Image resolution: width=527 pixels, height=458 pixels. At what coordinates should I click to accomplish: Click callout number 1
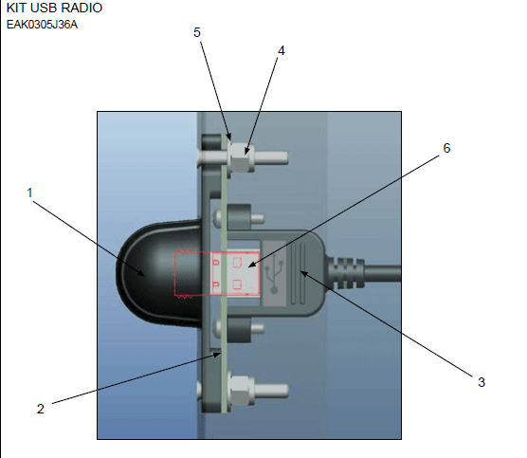pyautogui.click(x=29, y=193)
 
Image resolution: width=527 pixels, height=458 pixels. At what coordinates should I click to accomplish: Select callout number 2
pyautogui.click(x=41, y=409)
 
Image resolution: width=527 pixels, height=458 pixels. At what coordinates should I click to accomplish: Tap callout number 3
pyautogui.click(x=482, y=382)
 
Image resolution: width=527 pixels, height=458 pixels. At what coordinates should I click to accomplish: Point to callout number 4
pyautogui.click(x=282, y=51)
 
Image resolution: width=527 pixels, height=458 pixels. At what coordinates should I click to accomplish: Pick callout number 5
pyautogui.click(x=197, y=32)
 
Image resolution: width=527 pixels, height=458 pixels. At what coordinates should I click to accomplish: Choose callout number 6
pyautogui.click(x=446, y=148)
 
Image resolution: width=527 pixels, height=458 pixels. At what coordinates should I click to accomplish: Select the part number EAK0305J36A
pyautogui.click(x=42, y=25)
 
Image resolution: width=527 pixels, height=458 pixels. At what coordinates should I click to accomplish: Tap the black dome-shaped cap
pyautogui.click(x=159, y=273)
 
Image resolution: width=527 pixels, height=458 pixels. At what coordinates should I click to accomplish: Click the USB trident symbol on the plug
pyautogui.click(x=274, y=273)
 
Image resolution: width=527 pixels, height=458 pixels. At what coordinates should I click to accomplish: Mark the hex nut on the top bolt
pyautogui.click(x=241, y=157)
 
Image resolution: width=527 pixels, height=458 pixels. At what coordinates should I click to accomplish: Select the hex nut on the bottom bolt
pyautogui.click(x=241, y=390)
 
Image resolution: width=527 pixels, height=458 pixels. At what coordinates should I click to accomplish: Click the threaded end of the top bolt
pyautogui.click(x=271, y=157)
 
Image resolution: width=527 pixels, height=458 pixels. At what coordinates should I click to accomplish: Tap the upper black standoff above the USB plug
pyautogui.click(x=239, y=217)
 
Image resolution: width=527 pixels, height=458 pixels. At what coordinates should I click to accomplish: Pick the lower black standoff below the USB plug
pyautogui.click(x=239, y=330)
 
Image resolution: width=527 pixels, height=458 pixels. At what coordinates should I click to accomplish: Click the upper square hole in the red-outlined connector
pyautogui.click(x=237, y=262)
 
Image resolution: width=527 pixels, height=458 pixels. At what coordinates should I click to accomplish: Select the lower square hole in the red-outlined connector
pyautogui.click(x=237, y=284)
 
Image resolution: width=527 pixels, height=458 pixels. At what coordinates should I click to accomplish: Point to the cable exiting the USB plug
pyautogui.click(x=383, y=273)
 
